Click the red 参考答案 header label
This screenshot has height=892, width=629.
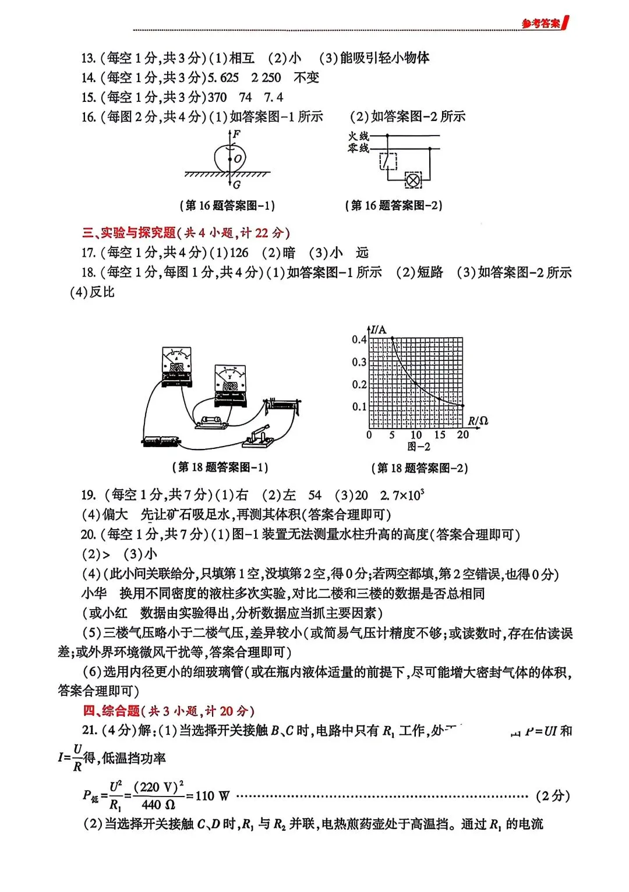coord(541,23)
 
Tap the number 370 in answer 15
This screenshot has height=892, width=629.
coord(217,98)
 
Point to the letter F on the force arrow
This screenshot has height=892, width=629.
coord(236,134)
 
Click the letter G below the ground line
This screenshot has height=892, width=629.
coord(236,185)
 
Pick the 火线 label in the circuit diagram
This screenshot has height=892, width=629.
coord(358,136)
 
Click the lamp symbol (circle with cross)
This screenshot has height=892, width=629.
coord(413,180)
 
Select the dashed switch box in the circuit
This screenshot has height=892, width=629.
coord(388,161)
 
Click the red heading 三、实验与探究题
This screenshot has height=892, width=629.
coord(129,233)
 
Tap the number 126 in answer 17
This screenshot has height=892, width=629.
coord(239,253)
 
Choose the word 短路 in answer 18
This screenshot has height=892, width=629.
coord(430,272)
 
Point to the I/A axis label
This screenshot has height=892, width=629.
coord(378,330)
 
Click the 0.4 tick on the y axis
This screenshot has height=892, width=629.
coord(359,339)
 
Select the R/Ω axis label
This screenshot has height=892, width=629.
coord(478,421)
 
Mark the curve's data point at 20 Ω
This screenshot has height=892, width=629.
coord(462,406)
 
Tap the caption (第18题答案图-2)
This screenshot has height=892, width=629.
coord(419,468)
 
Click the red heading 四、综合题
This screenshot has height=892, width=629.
coord(111,711)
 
